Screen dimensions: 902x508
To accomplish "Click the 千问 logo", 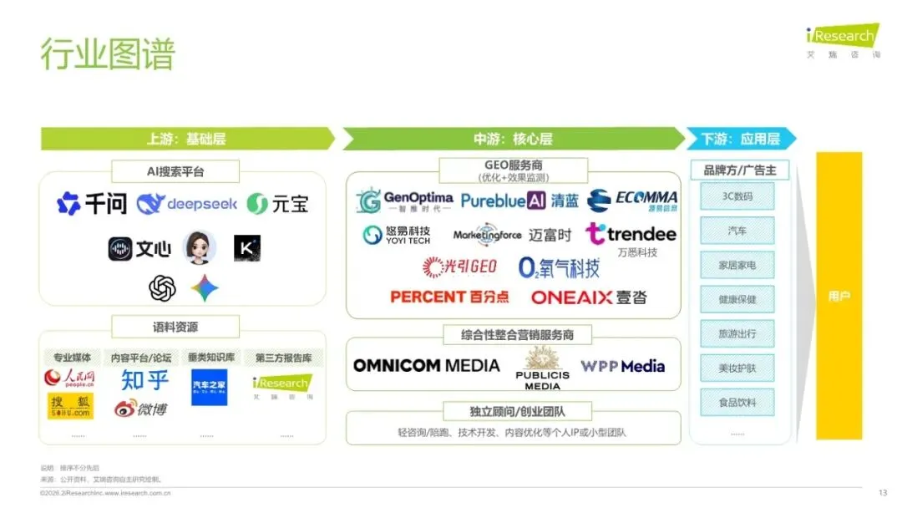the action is (91, 203).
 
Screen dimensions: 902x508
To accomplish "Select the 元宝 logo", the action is (279, 203).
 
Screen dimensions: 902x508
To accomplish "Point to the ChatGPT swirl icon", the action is (162, 288).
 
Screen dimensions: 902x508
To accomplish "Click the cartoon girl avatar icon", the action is (200, 246).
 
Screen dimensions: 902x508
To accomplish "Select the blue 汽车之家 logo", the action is (209, 388).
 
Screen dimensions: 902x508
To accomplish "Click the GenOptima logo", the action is (404, 201).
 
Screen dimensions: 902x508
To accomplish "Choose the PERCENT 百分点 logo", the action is (449, 297).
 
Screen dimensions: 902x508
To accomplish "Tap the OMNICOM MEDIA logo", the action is (426, 366).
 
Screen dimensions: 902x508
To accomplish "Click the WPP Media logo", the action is (623, 366).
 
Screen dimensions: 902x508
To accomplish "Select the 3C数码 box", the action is (737, 196).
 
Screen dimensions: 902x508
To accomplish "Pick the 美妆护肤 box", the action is (737, 368).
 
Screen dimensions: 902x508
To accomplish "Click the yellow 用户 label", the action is (838, 297).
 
